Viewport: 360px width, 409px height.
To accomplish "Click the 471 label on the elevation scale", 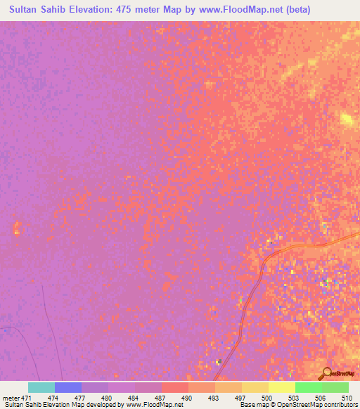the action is (x=27, y=398).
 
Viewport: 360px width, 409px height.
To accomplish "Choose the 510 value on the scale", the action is (x=347, y=398).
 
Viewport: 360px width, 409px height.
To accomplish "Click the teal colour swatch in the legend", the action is (x=41, y=387).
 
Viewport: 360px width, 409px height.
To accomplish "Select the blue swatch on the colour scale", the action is (x=68, y=387).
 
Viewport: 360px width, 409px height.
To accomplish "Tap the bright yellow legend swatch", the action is (x=281, y=387).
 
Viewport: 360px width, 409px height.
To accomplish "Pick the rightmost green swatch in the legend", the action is (x=335, y=387).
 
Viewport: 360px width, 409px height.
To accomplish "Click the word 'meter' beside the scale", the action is (x=12, y=398).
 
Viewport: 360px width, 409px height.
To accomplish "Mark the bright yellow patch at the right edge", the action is (x=347, y=119).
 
